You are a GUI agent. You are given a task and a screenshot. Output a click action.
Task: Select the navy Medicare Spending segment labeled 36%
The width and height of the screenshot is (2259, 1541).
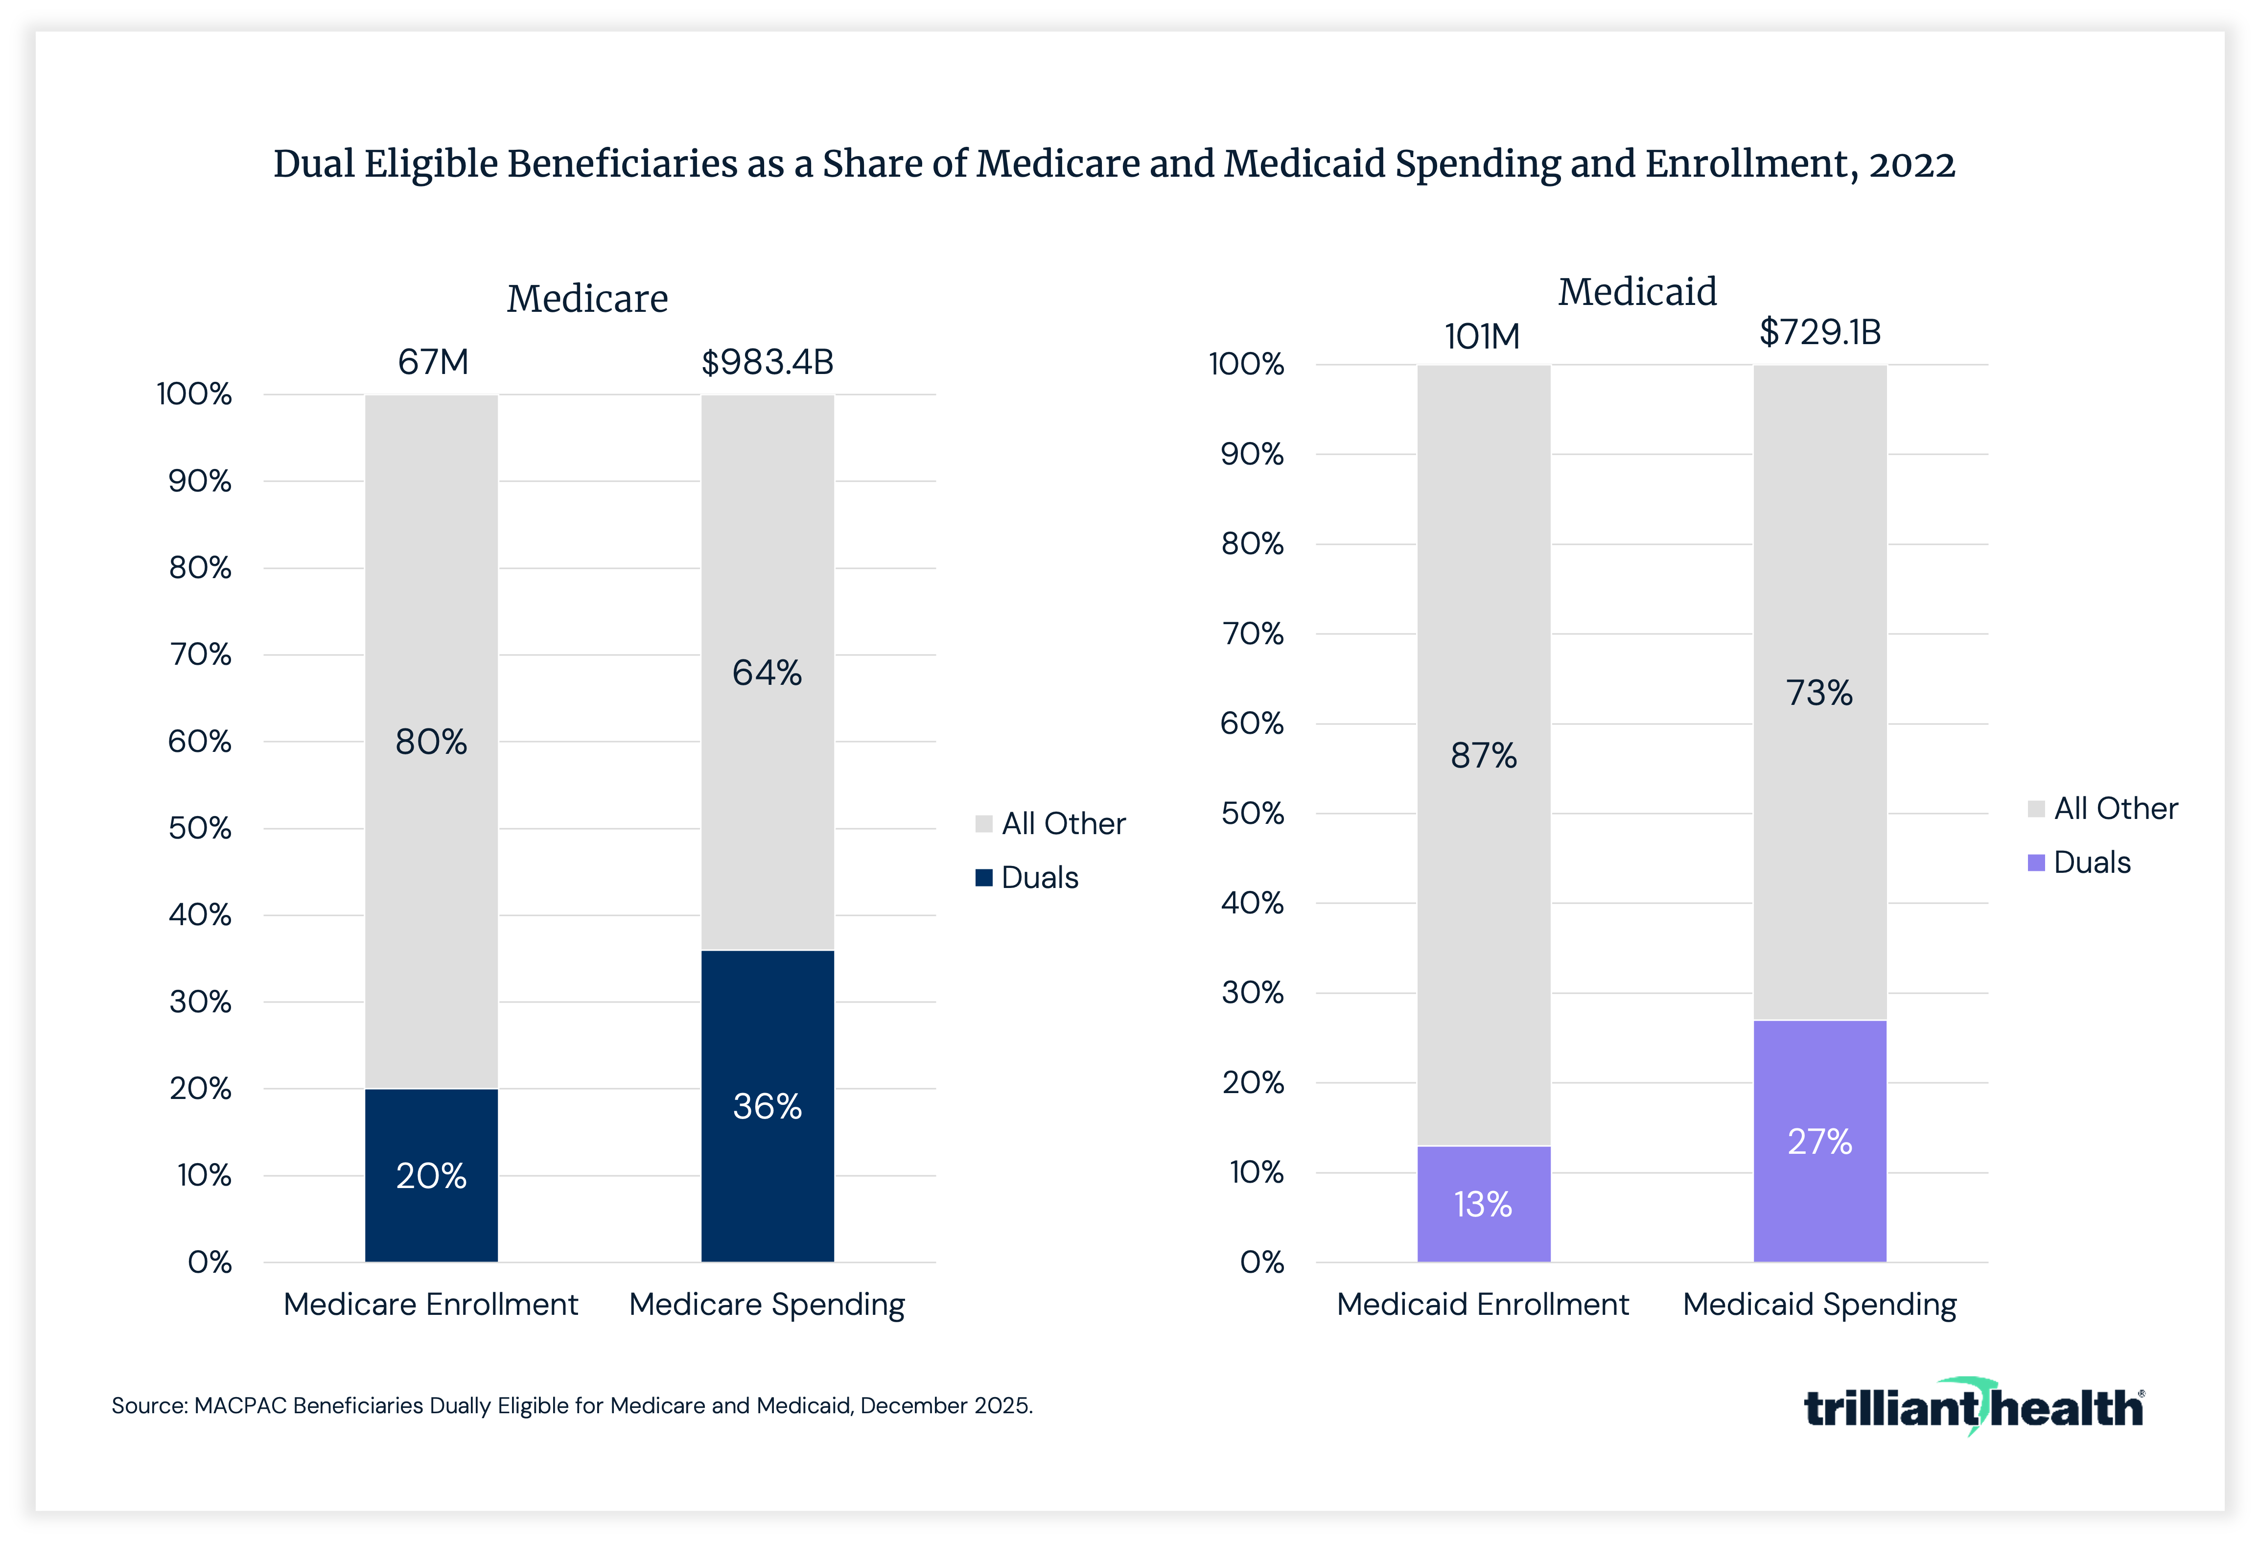pyautogui.click(x=767, y=1106)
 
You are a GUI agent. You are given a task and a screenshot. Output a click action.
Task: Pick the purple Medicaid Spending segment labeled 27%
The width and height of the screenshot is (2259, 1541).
pyautogui.click(x=1819, y=1142)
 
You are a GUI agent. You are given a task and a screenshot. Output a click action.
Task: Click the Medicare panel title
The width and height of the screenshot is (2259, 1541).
pyautogui.click(x=587, y=299)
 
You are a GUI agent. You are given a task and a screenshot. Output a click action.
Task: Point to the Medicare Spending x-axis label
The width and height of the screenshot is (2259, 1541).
pyautogui.click(x=767, y=1304)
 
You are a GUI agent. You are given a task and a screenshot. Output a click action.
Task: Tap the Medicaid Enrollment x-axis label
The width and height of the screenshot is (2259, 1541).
pyautogui.click(x=1482, y=1304)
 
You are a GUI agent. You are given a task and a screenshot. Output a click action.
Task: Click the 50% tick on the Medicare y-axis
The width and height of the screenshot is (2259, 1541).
pyautogui.click(x=200, y=828)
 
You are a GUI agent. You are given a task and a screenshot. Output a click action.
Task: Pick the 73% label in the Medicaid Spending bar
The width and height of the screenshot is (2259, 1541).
pyautogui.click(x=1819, y=693)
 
